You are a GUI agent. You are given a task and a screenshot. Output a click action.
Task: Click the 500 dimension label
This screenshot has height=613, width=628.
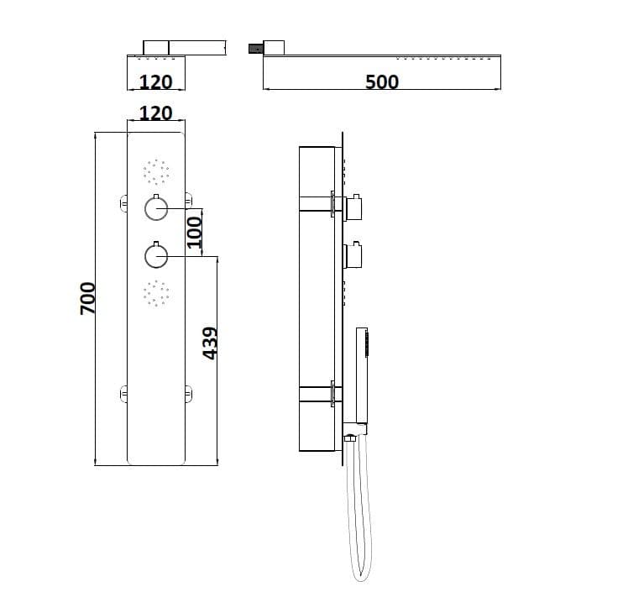tap(382, 81)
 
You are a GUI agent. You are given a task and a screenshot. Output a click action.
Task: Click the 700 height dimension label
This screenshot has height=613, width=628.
tap(88, 298)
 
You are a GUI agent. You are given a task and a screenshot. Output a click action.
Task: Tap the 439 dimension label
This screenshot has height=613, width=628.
tap(210, 343)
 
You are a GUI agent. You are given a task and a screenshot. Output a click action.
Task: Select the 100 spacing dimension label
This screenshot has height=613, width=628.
tap(195, 233)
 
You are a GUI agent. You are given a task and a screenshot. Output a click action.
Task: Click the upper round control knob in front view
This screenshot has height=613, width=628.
tap(156, 208)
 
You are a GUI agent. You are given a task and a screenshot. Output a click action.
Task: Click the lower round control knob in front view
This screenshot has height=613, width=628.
tap(156, 256)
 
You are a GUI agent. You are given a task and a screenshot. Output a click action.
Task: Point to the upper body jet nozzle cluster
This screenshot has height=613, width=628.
tap(156, 172)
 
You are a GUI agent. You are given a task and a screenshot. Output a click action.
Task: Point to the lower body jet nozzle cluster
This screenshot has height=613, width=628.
tap(156, 293)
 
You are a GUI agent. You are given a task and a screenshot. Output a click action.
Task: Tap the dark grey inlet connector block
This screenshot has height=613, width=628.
tap(255, 49)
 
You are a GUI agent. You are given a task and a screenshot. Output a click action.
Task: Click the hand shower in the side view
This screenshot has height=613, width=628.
tap(362, 375)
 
